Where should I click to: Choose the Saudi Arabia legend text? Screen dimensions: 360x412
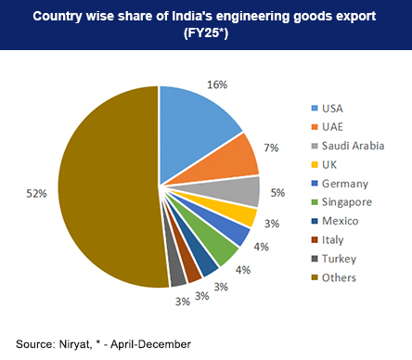click(x=354, y=145)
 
